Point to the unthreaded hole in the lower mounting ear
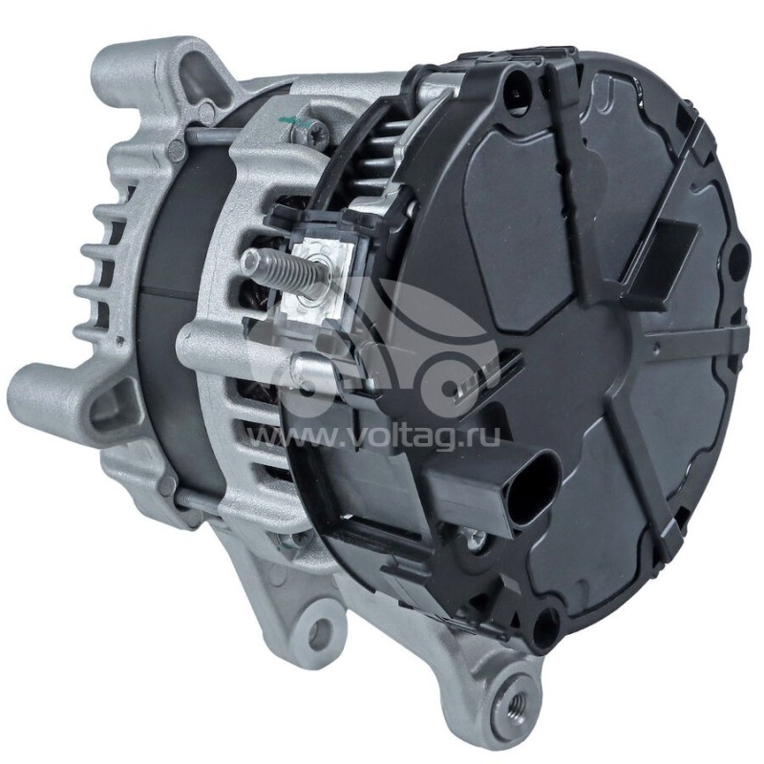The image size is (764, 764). (x=320, y=631)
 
